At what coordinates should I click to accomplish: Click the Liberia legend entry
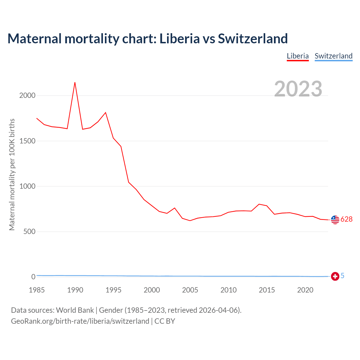[x=298, y=56]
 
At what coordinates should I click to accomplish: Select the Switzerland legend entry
[x=333, y=56]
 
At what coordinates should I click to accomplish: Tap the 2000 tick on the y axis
[x=27, y=96]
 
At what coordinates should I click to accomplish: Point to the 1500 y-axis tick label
[x=27, y=141]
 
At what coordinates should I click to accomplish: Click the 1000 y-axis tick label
[x=27, y=186]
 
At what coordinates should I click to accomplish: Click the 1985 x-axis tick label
[x=37, y=290]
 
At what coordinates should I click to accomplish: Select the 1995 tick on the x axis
[x=113, y=290]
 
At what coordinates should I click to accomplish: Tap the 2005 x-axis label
[x=190, y=290]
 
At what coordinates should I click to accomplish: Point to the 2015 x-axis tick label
[x=267, y=290]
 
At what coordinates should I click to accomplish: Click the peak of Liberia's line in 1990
[x=75, y=82]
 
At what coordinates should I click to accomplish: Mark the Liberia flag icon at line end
[x=335, y=220]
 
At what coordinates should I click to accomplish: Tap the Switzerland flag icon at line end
[x=335, y=276]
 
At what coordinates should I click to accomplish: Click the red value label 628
[x=346, y=219]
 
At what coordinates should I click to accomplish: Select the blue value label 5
[x=343, y=276]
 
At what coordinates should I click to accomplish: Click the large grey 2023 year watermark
[x=298, y=89]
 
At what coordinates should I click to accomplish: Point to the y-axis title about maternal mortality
[x=12, y=174]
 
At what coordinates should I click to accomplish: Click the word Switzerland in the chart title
[x=253, y=39]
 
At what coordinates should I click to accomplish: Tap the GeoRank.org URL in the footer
[x=80, y=321]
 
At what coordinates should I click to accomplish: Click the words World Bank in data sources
[x=75, y=310]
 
